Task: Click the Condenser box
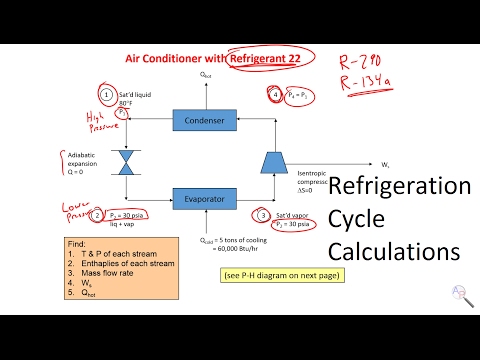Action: (204, 121)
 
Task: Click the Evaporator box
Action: (204, 198)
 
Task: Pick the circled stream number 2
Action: (96, 214)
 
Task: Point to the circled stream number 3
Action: (261, 214)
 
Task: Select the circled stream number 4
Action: (276, 95)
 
